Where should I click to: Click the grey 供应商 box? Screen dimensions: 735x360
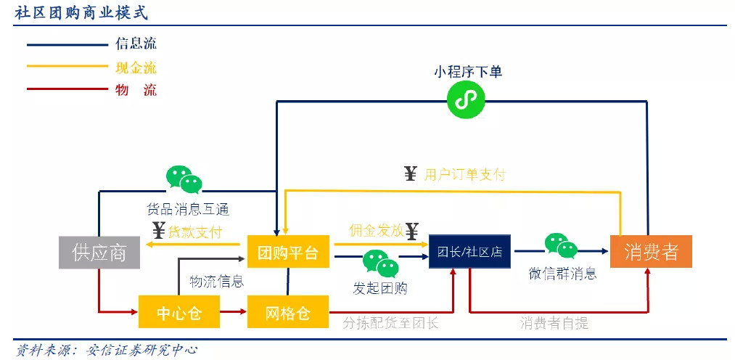99,253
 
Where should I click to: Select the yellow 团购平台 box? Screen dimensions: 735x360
288,253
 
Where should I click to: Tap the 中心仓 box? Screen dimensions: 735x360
179,311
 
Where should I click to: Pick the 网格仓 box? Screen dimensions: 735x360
288,311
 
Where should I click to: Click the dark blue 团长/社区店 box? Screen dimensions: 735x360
469,252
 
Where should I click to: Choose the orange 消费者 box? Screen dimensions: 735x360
651,252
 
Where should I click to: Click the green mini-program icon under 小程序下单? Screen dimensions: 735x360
466,100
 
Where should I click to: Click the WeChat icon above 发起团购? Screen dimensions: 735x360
381,263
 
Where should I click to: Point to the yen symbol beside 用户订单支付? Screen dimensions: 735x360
411,174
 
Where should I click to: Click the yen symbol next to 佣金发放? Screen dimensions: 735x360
412,230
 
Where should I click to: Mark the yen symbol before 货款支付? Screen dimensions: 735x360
159,231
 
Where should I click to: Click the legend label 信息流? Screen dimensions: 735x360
136,44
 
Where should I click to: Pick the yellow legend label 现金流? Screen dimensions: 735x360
136,67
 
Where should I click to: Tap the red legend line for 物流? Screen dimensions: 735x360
67,89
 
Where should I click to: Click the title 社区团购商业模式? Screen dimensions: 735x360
81,12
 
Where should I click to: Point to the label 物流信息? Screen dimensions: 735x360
217,282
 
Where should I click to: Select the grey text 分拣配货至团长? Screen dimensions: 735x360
390,324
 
